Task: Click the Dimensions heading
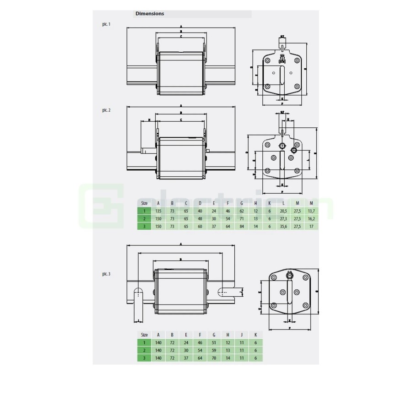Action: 150,14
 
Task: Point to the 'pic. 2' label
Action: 106,110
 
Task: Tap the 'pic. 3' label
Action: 106,274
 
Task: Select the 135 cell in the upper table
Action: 158,211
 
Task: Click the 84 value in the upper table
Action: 241,226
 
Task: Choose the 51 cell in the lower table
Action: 214,342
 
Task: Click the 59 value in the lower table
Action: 214,350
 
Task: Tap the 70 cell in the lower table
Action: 214,358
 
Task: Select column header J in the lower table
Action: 241,334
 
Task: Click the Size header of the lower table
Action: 144,334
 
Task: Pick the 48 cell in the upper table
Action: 200,218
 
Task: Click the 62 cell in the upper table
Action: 241,211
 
